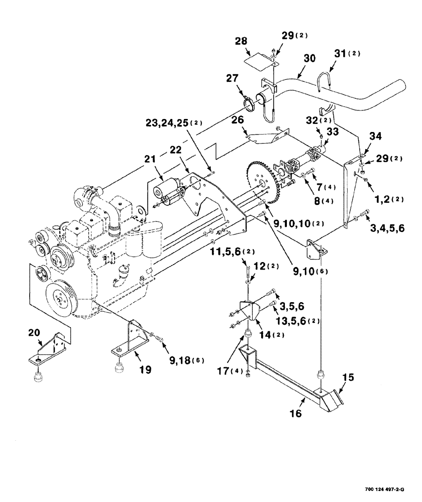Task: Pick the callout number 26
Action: click(237, 121)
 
